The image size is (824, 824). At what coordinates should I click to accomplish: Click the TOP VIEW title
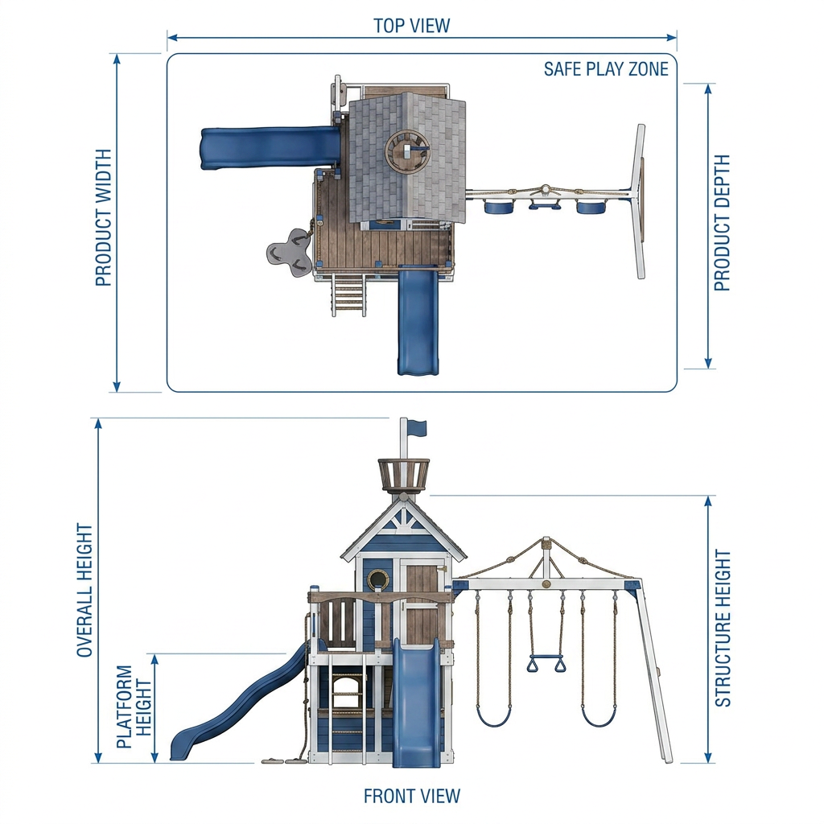[x=411, y=26]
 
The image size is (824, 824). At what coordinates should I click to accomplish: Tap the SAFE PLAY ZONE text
[x=606, y=69]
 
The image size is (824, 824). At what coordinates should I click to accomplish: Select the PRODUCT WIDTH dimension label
[x=104, y=217]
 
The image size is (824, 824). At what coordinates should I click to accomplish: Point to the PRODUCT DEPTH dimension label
[x=722, y=223]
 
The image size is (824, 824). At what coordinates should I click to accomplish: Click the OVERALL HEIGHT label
[x=84, y=590]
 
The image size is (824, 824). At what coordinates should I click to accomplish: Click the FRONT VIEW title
[x=411, y=796]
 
